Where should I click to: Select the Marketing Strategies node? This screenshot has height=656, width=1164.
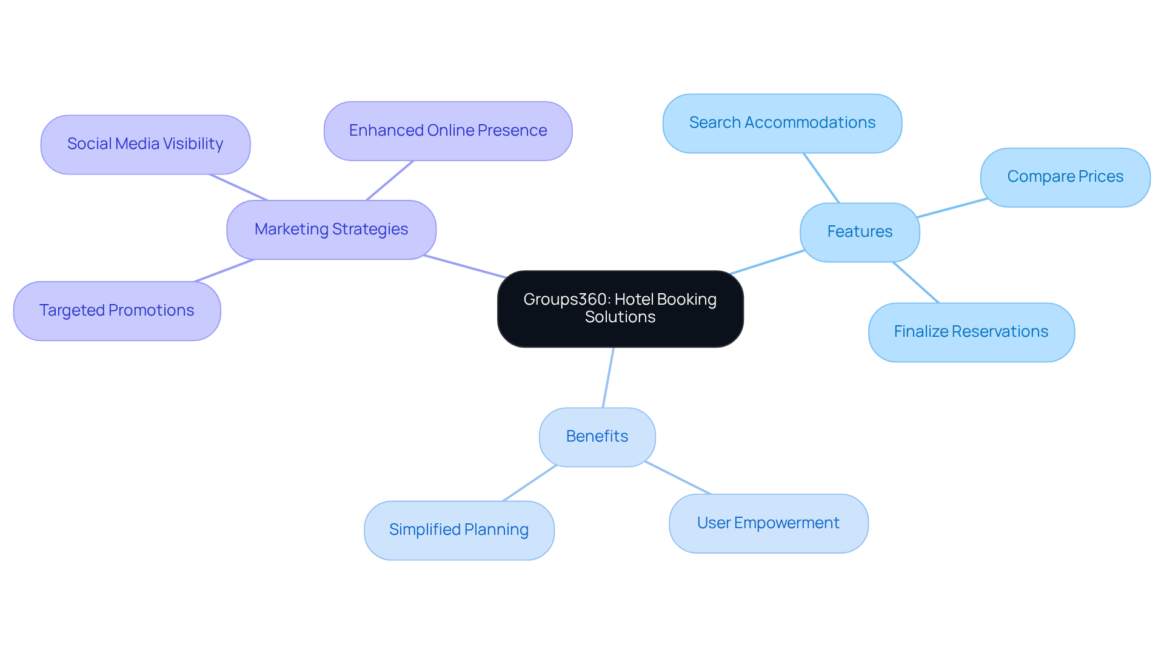tap(331, 230)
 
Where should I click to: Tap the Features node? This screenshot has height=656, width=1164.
tap(860, 232)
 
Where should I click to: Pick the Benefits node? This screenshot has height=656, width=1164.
tap(597, 437)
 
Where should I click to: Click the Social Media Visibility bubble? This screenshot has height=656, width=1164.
tap(145, 144)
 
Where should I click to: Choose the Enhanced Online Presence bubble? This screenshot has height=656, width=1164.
tap(448, 131)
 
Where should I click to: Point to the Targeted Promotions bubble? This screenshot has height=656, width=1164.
tap(117, 311)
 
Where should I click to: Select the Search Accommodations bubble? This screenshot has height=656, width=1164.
tap(782, 123)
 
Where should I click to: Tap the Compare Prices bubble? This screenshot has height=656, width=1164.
tap(1065, 177)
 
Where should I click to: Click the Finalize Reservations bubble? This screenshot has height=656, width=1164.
tap(971, 332)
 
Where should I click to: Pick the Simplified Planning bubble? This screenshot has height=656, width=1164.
tap(459, 530)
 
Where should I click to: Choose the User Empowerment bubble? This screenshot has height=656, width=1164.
tap(768, 523)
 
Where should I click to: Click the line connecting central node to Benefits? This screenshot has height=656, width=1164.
tap(608, 377)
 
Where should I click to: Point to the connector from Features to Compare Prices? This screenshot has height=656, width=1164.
tap(952, 208)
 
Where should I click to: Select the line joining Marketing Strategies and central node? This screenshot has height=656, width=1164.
tap(465, 267)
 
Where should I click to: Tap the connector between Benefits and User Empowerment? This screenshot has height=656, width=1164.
tap(678, 478)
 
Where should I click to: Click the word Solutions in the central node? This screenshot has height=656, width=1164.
tap(620, 317)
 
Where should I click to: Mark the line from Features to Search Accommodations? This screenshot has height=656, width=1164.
tap(821, 178)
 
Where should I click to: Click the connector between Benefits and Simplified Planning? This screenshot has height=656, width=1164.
tap(529, 483)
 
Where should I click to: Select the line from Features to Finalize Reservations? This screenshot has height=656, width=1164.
tap(915, 282)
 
